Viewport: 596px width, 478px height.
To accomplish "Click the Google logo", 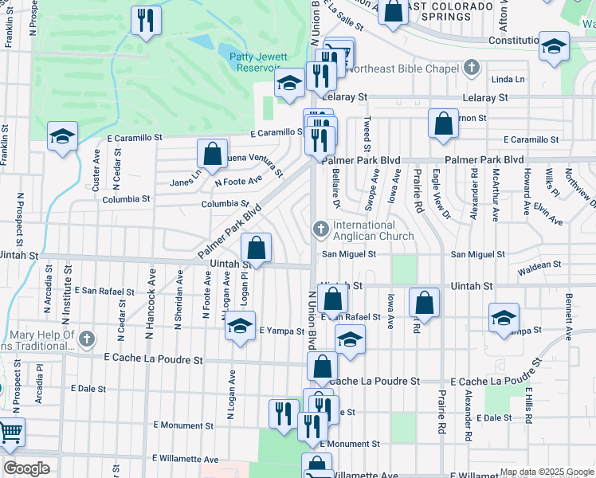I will point(27,468).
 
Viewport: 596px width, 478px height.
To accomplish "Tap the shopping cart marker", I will point(10,434).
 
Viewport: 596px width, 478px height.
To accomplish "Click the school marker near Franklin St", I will point(61,137).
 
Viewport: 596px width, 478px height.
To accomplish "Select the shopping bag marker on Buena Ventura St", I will point(212,155).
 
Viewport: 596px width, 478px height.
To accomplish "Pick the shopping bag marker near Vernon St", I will point(443,124).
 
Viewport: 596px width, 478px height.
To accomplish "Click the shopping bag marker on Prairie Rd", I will point(425,303).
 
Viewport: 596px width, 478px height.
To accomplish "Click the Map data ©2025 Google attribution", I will point(547,472).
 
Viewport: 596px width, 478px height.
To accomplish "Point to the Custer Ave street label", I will point(96,170).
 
